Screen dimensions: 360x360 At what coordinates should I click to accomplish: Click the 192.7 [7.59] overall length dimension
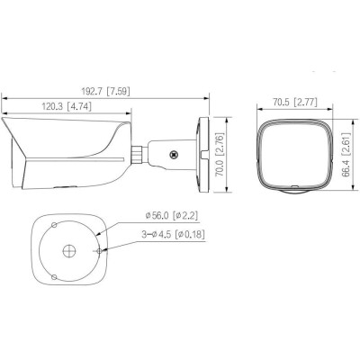(x=107, y=91)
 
